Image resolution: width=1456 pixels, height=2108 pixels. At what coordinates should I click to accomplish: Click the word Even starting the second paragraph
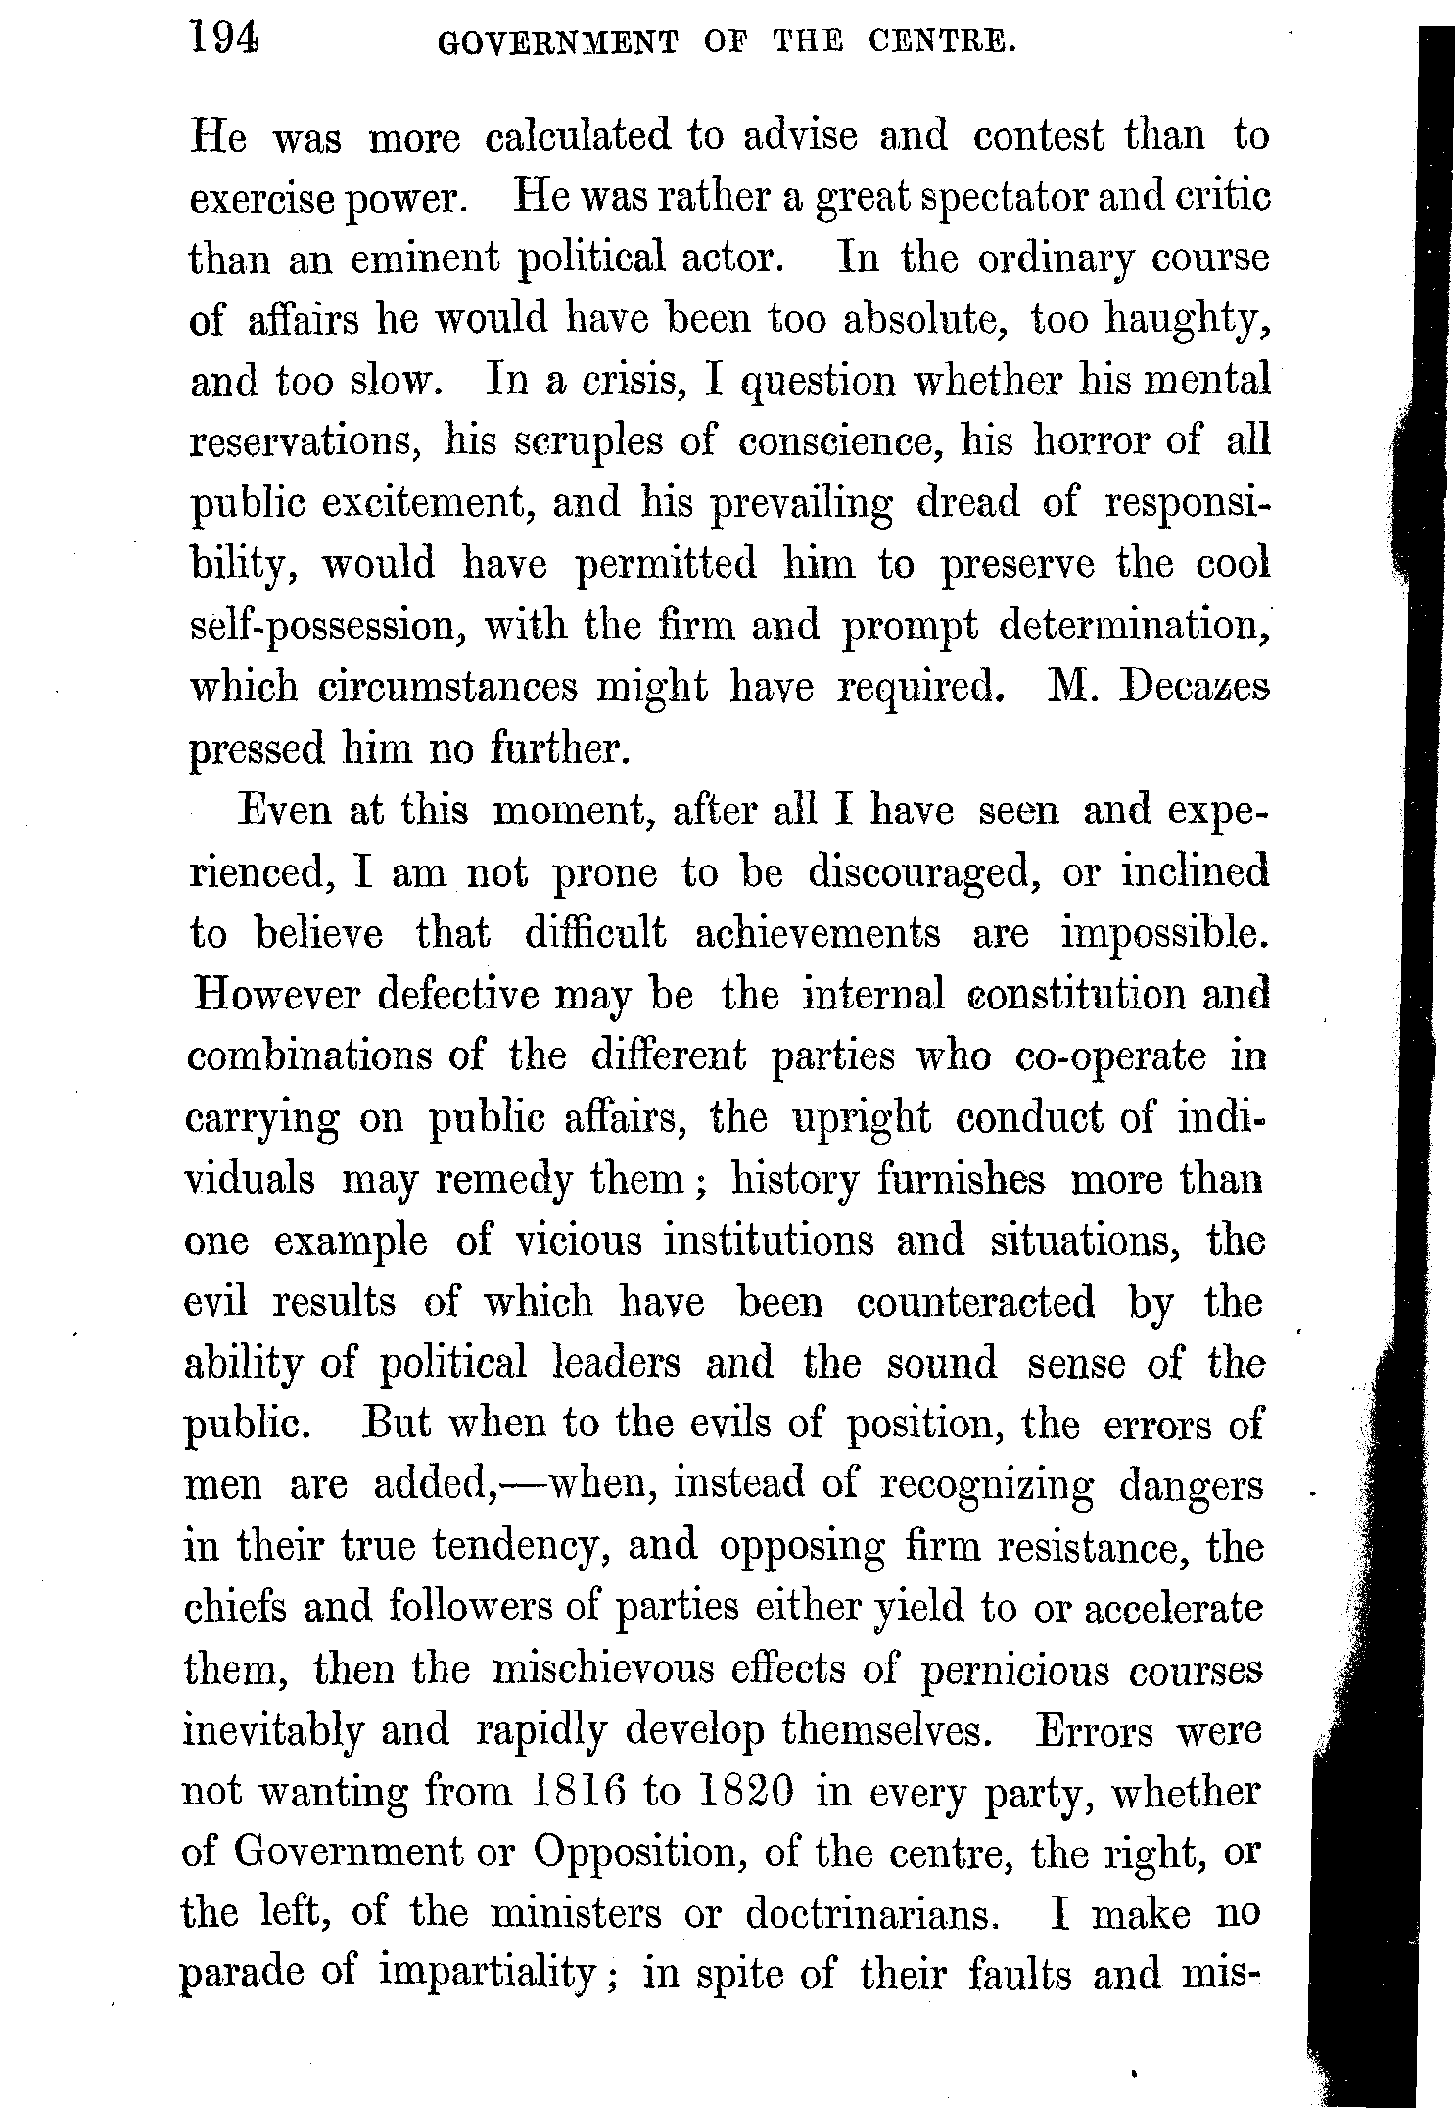tap(282, 812)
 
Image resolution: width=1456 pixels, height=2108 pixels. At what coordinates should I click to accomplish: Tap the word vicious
tap(579, 1241)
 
